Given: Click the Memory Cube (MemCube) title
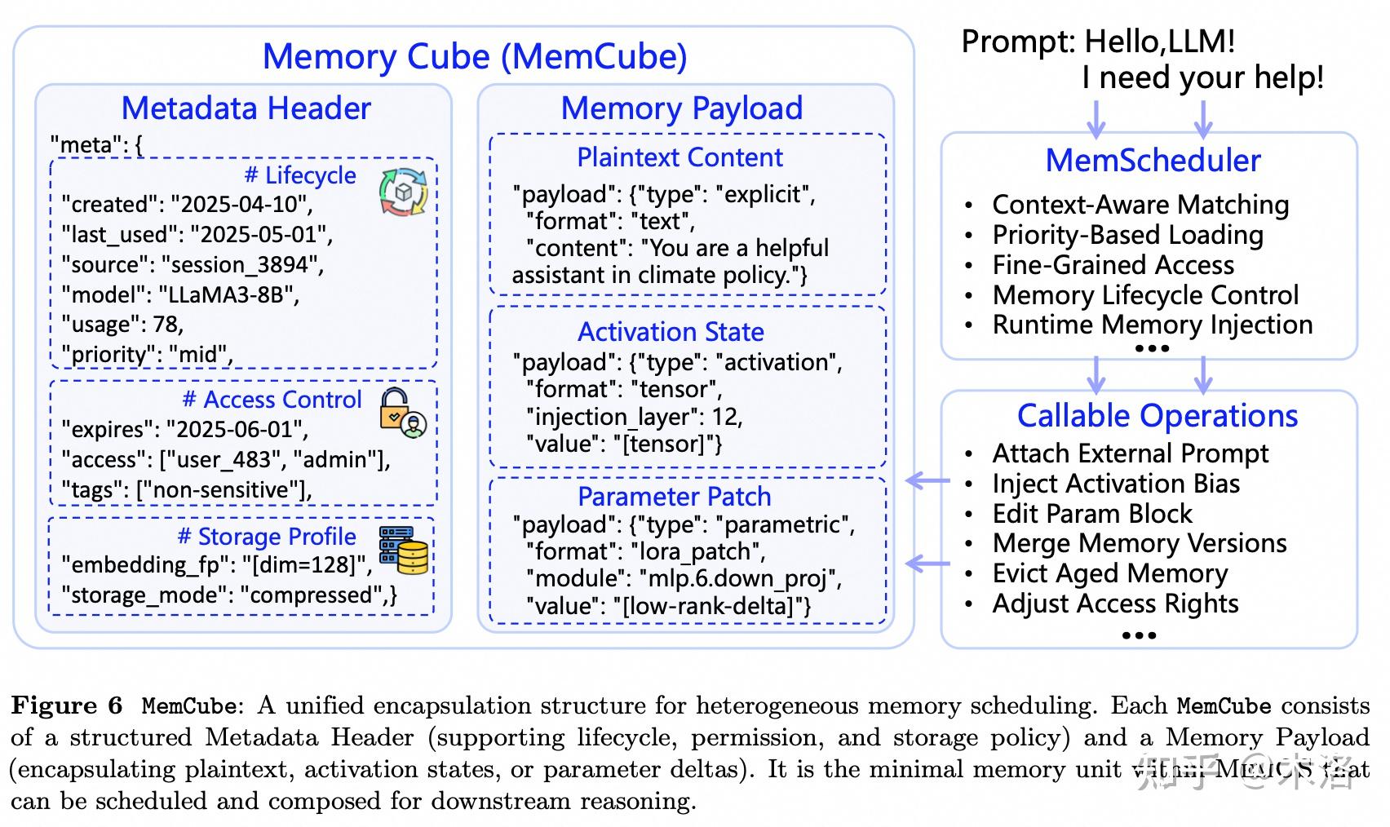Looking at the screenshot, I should point(474,56).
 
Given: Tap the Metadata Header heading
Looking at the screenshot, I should point(246,108).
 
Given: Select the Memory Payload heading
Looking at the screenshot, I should point(681,108).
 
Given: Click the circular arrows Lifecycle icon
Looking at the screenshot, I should point(403,192).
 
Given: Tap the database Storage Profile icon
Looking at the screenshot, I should point(403,550).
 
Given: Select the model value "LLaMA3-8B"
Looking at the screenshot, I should point(228,294).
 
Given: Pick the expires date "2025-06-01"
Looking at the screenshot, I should point(235,429).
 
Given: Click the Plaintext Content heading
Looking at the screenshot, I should point(680,157).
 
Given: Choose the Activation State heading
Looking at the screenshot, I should point(671,331).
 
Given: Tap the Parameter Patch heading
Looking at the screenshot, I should point(674,496).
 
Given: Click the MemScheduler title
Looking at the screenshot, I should point(1153,160).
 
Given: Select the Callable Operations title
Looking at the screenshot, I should point(1157,415).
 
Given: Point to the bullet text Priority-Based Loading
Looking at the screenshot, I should point(1127,235).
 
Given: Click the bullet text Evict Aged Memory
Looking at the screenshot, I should point(1109,573).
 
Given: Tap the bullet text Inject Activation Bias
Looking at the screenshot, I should point(1115,484).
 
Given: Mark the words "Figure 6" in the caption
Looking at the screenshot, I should point(67,705).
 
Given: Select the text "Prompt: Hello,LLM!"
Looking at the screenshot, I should point(1098,42).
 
